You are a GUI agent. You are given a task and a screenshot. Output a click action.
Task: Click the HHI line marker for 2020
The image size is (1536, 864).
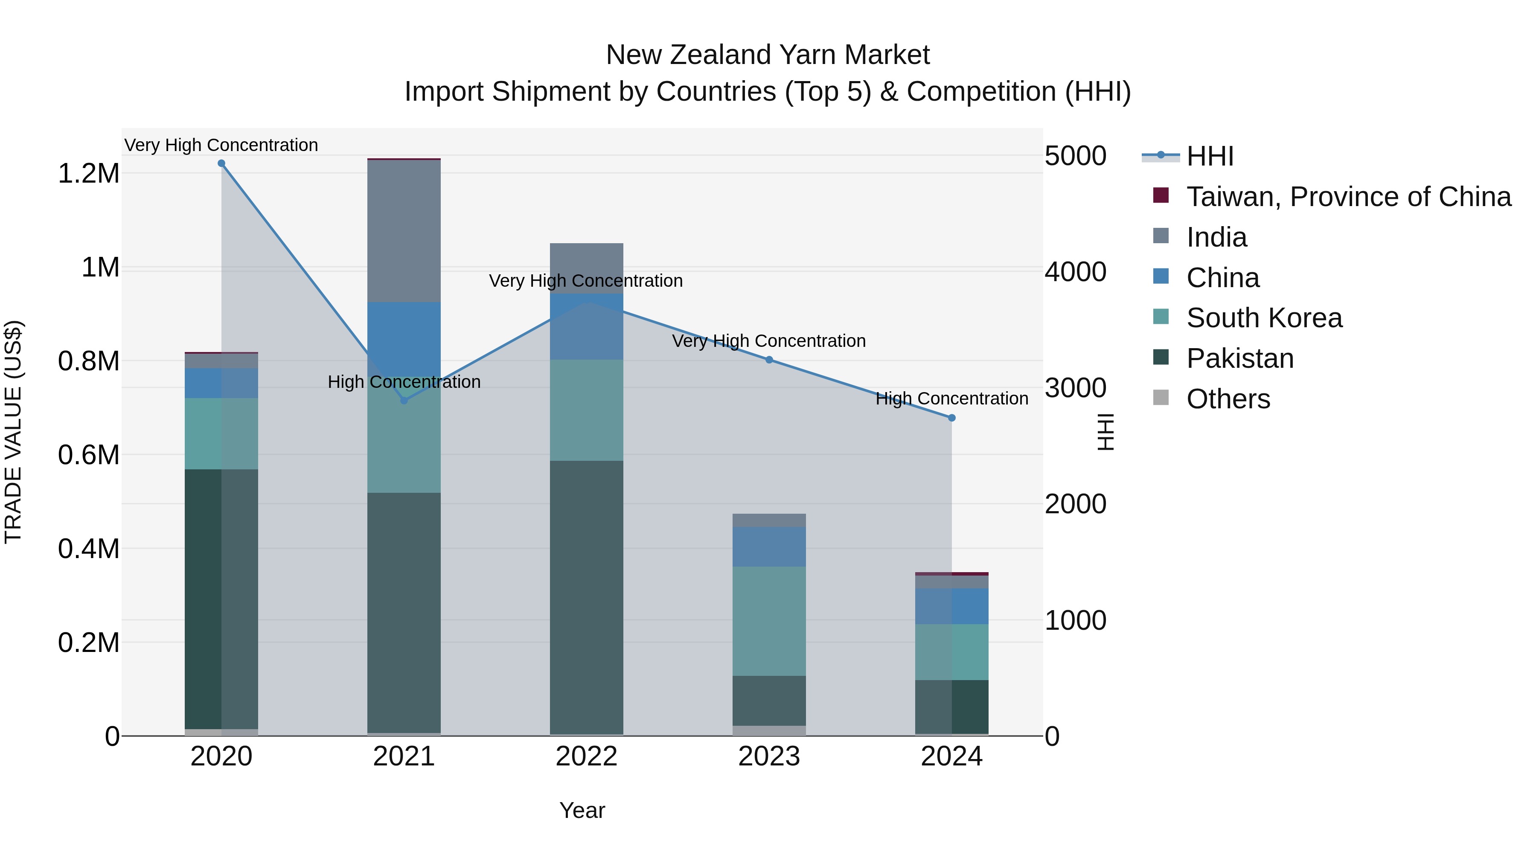[221, 163]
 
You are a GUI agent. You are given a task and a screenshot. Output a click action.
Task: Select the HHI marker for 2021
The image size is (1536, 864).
[404, 400]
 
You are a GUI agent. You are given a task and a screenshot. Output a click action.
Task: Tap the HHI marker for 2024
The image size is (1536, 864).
[951, 418]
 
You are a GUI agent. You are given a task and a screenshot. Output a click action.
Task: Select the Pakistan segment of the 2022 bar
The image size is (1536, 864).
[586, 596]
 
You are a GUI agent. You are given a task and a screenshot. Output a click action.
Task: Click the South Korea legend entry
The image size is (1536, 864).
[1264, 318]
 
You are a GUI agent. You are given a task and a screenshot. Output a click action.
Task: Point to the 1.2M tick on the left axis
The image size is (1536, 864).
[89, 174]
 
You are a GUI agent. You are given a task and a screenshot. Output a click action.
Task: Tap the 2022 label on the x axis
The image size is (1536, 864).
[586, 756]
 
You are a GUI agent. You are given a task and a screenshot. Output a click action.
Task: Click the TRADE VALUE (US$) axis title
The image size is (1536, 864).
[13, 432]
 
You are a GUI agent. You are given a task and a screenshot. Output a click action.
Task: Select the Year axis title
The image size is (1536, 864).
[582, 810]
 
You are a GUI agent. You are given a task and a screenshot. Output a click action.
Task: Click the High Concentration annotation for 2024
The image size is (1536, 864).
[951, 399]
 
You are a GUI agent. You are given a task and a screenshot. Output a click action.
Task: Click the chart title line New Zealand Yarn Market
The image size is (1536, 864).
[768, 55]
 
